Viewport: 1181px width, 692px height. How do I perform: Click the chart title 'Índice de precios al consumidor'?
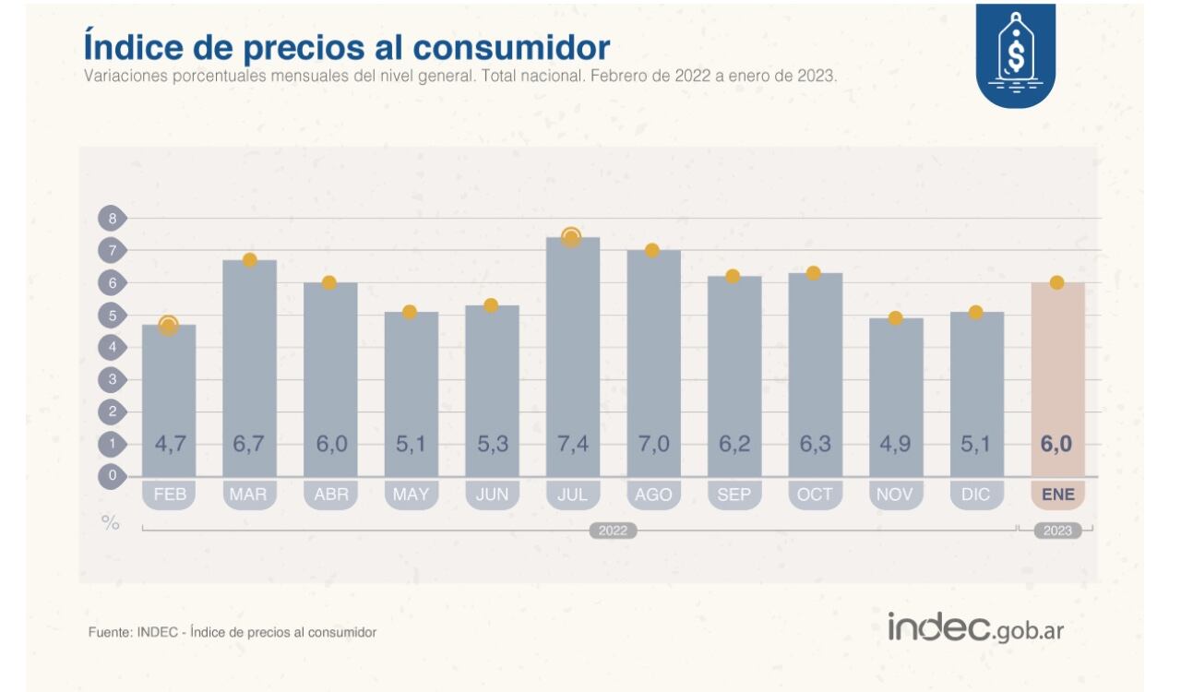click(x=346, y=47)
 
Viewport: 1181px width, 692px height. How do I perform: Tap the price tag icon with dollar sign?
click(x=1015, y=57)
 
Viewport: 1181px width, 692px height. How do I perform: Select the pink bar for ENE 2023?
click(x=1057, y=378)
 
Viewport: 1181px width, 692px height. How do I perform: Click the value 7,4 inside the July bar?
click(x=572, y=444)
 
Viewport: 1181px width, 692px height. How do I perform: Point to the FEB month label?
click(x=170, y=495)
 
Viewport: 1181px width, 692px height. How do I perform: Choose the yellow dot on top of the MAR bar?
click(x=249, y=260)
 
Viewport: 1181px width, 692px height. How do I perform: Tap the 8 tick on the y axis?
click(x=112, y=219)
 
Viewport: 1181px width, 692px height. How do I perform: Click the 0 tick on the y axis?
click(x=112, y=476)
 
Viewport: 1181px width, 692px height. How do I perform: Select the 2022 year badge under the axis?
click(x=614, y=531)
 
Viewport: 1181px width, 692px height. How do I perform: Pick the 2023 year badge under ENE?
click(x=1057, y=531)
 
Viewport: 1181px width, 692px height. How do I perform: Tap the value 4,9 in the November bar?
click(x=895, y=444)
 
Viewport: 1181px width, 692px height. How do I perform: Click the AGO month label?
click(x=653, y=495)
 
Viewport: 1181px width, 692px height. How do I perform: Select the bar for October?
click(x=815, y=374)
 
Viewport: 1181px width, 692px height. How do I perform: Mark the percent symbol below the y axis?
click(x=111, y=523)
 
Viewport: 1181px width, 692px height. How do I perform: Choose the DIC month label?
click(x=976, y=495)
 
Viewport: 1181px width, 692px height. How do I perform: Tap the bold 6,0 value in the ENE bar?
click(x=1057, y=444)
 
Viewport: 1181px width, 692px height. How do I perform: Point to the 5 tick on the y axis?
click(x=112, y=316)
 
